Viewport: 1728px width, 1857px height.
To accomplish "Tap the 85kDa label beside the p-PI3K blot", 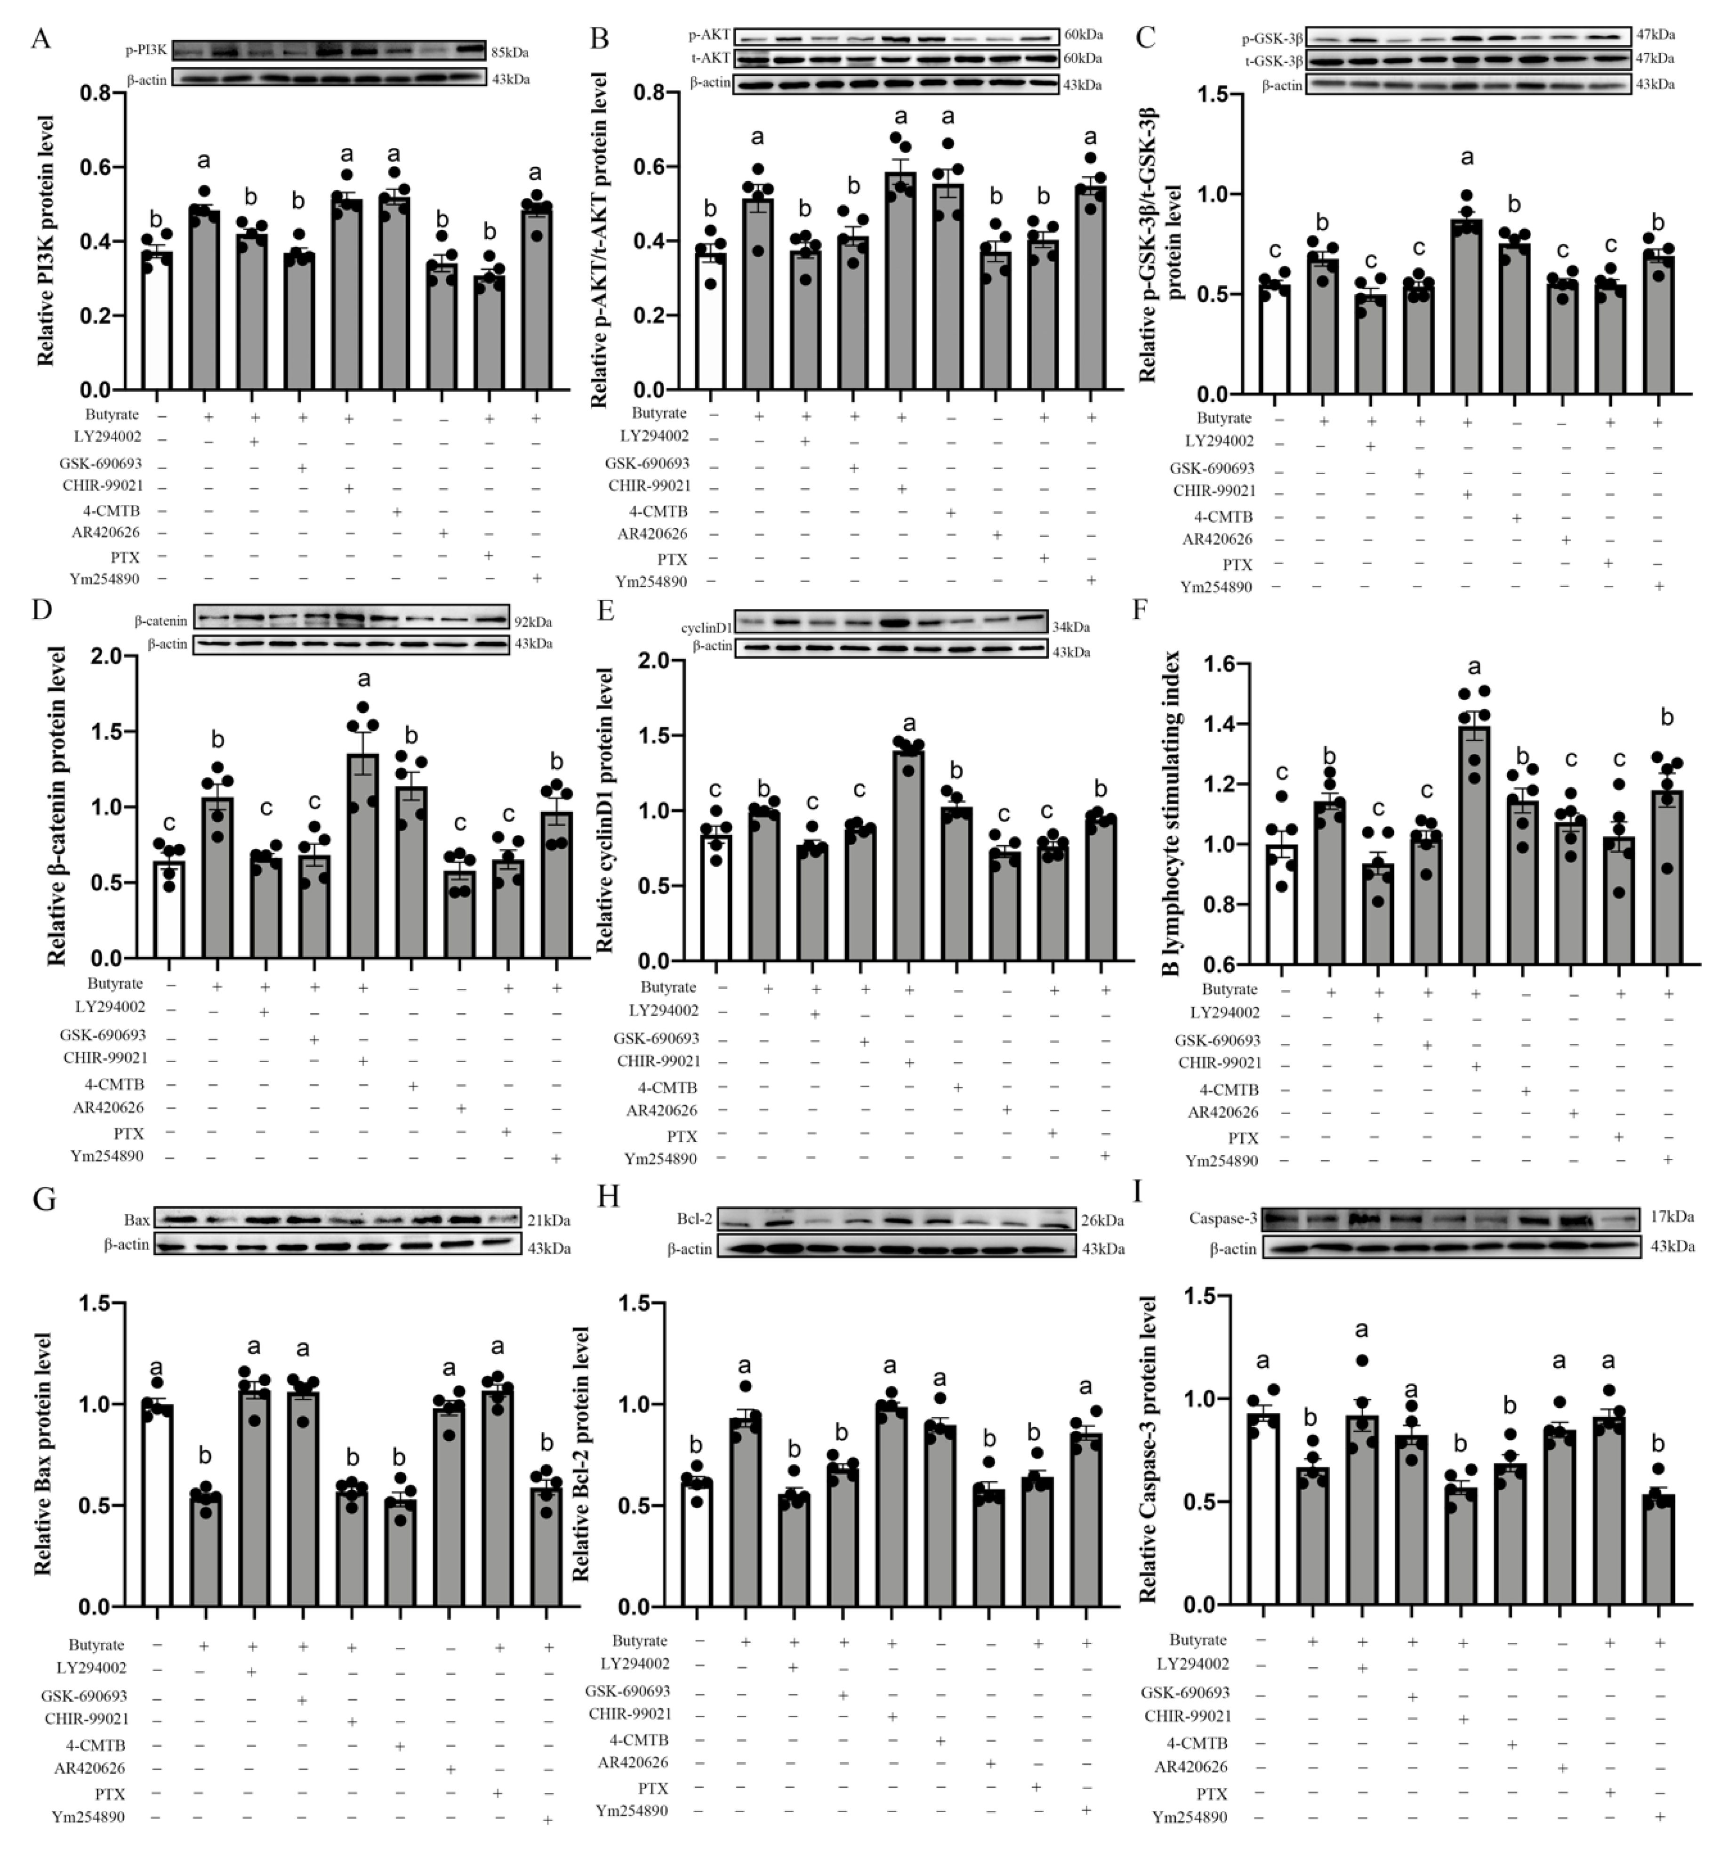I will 510,52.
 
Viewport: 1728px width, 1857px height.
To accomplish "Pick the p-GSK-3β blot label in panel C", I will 1272,39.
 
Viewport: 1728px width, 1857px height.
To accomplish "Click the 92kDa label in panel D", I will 532,621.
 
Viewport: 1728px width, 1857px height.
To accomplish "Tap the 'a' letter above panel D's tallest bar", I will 363,678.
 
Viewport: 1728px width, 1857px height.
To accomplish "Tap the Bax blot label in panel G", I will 137,1220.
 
